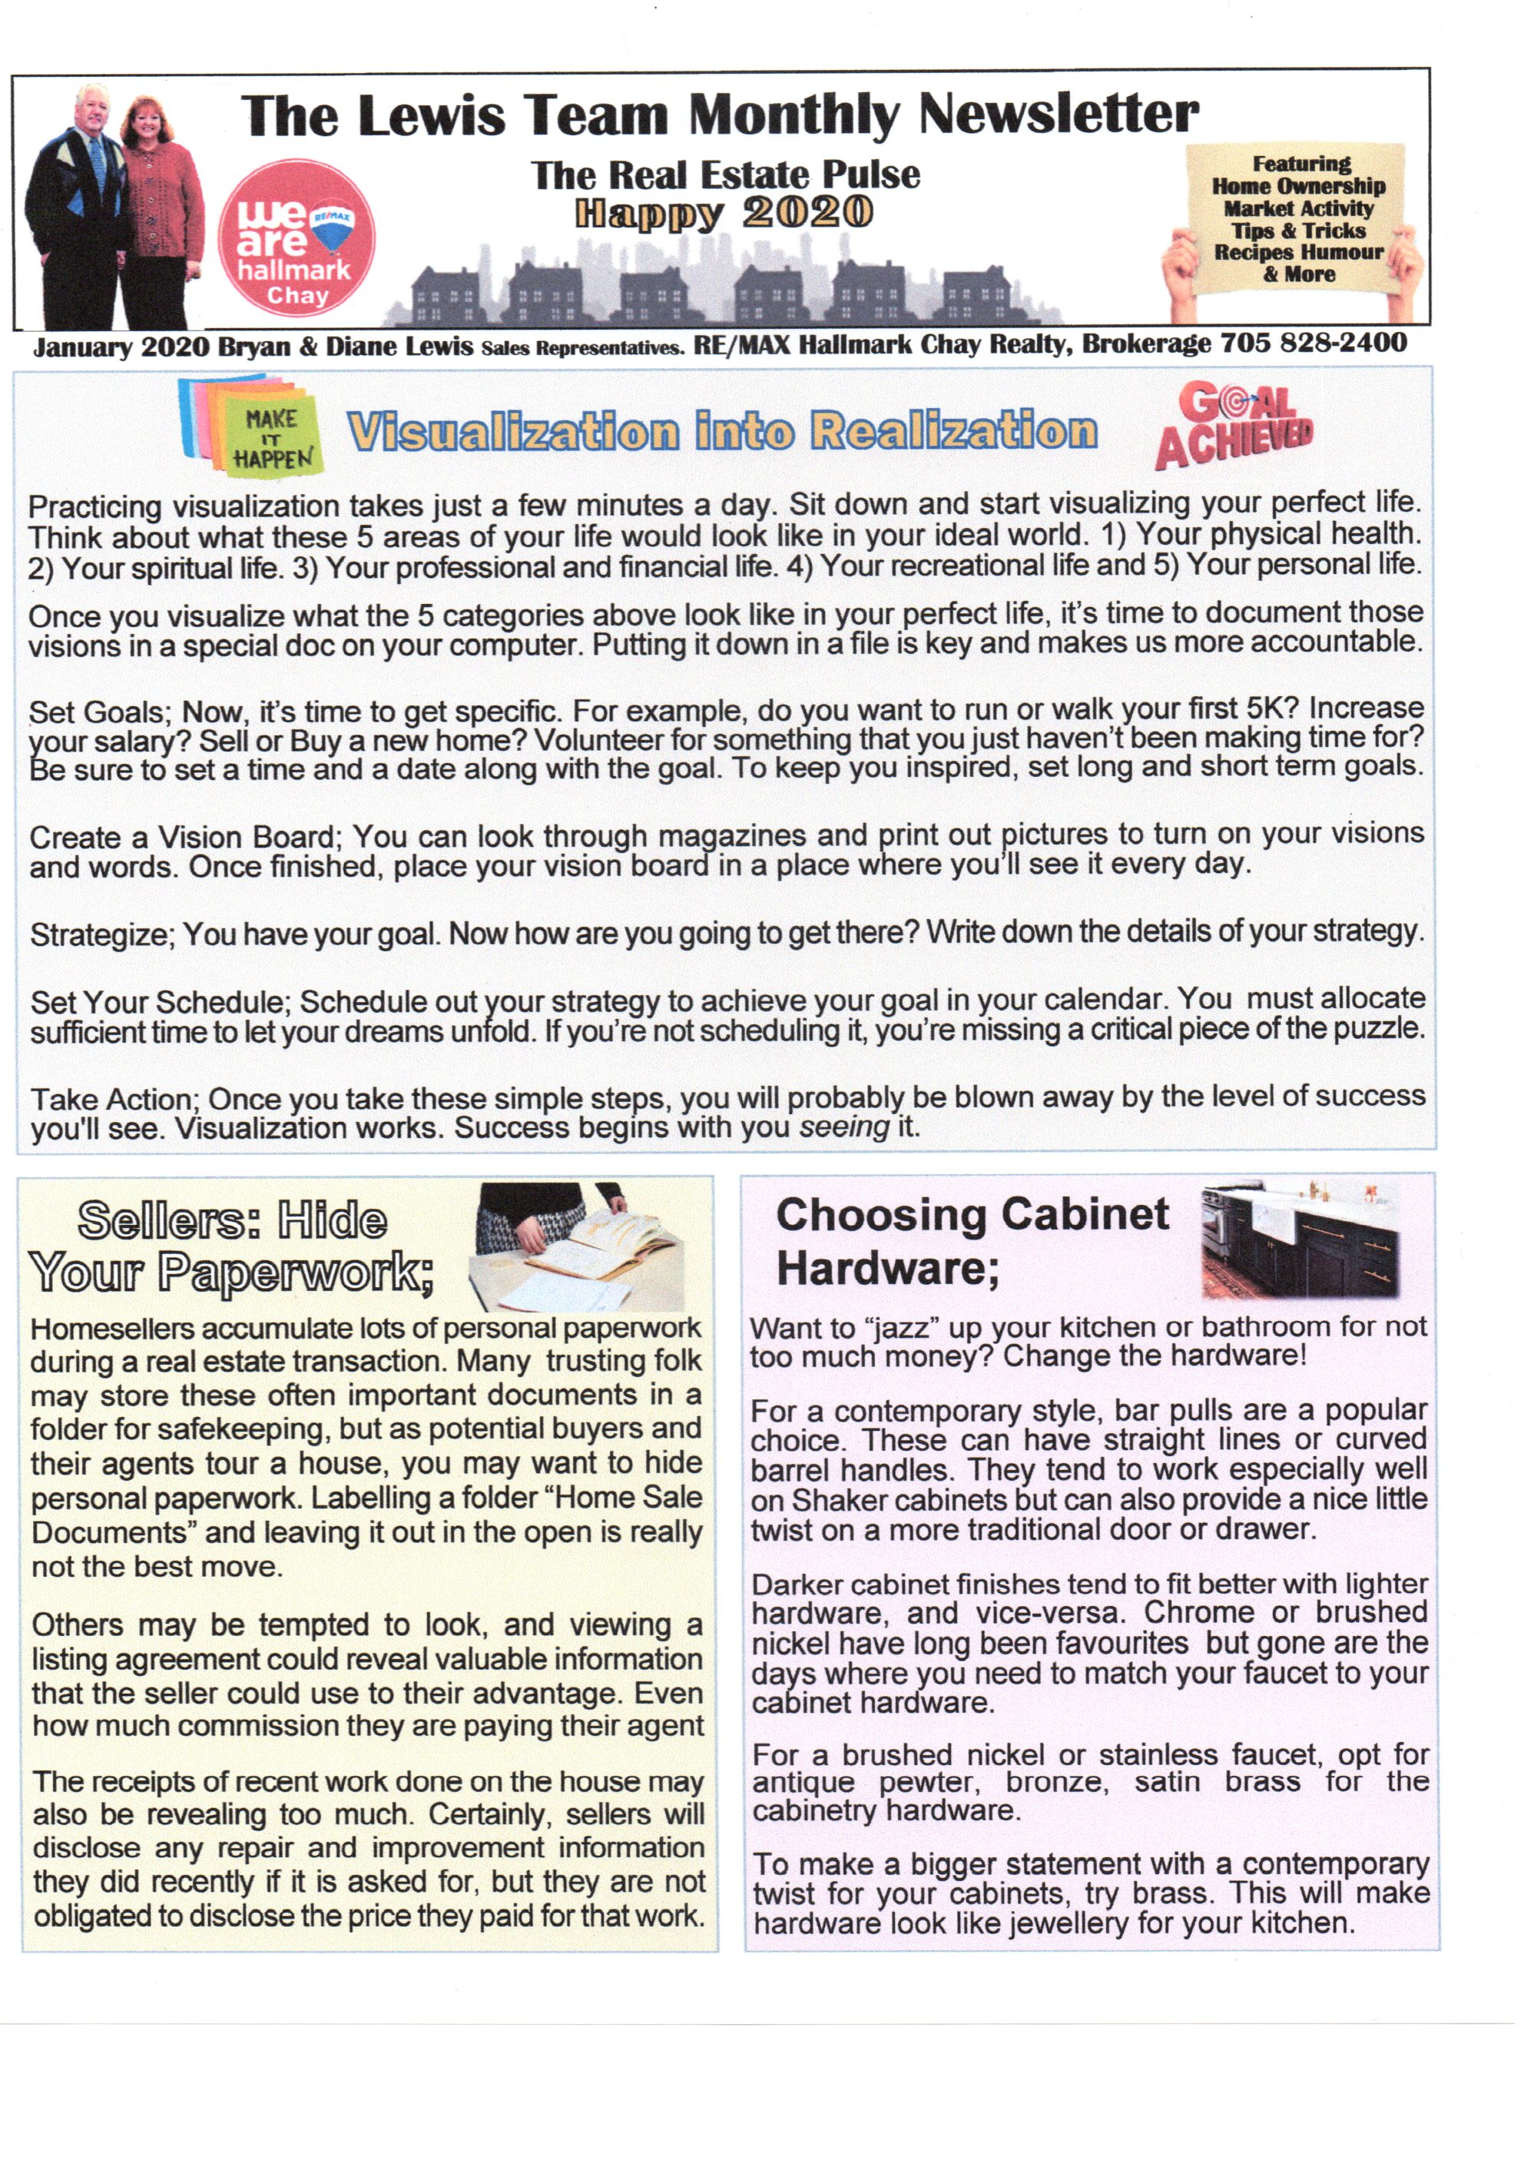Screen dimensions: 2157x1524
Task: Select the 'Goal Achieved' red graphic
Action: [1234, 425]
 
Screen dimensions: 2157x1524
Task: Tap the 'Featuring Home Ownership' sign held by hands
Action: [1297, 219]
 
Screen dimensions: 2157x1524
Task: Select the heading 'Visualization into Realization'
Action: [721, 431]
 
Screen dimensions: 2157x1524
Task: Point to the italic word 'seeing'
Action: [843, 1127]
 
